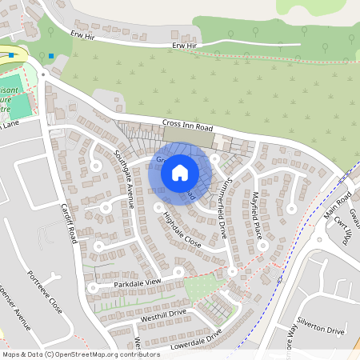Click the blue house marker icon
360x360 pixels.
[x=180, y=172]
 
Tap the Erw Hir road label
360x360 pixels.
[x=183, y=46]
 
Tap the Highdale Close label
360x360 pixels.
[x=182, y=228]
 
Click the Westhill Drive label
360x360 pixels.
[x=163, y=313]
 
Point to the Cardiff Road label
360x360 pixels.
[x=70, y=223]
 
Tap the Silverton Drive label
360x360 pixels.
[x=323, y=330]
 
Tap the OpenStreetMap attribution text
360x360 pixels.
[x=82, y=354]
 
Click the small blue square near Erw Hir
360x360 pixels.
[x=50, y=56]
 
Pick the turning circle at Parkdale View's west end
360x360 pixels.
[x=93, y=286]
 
